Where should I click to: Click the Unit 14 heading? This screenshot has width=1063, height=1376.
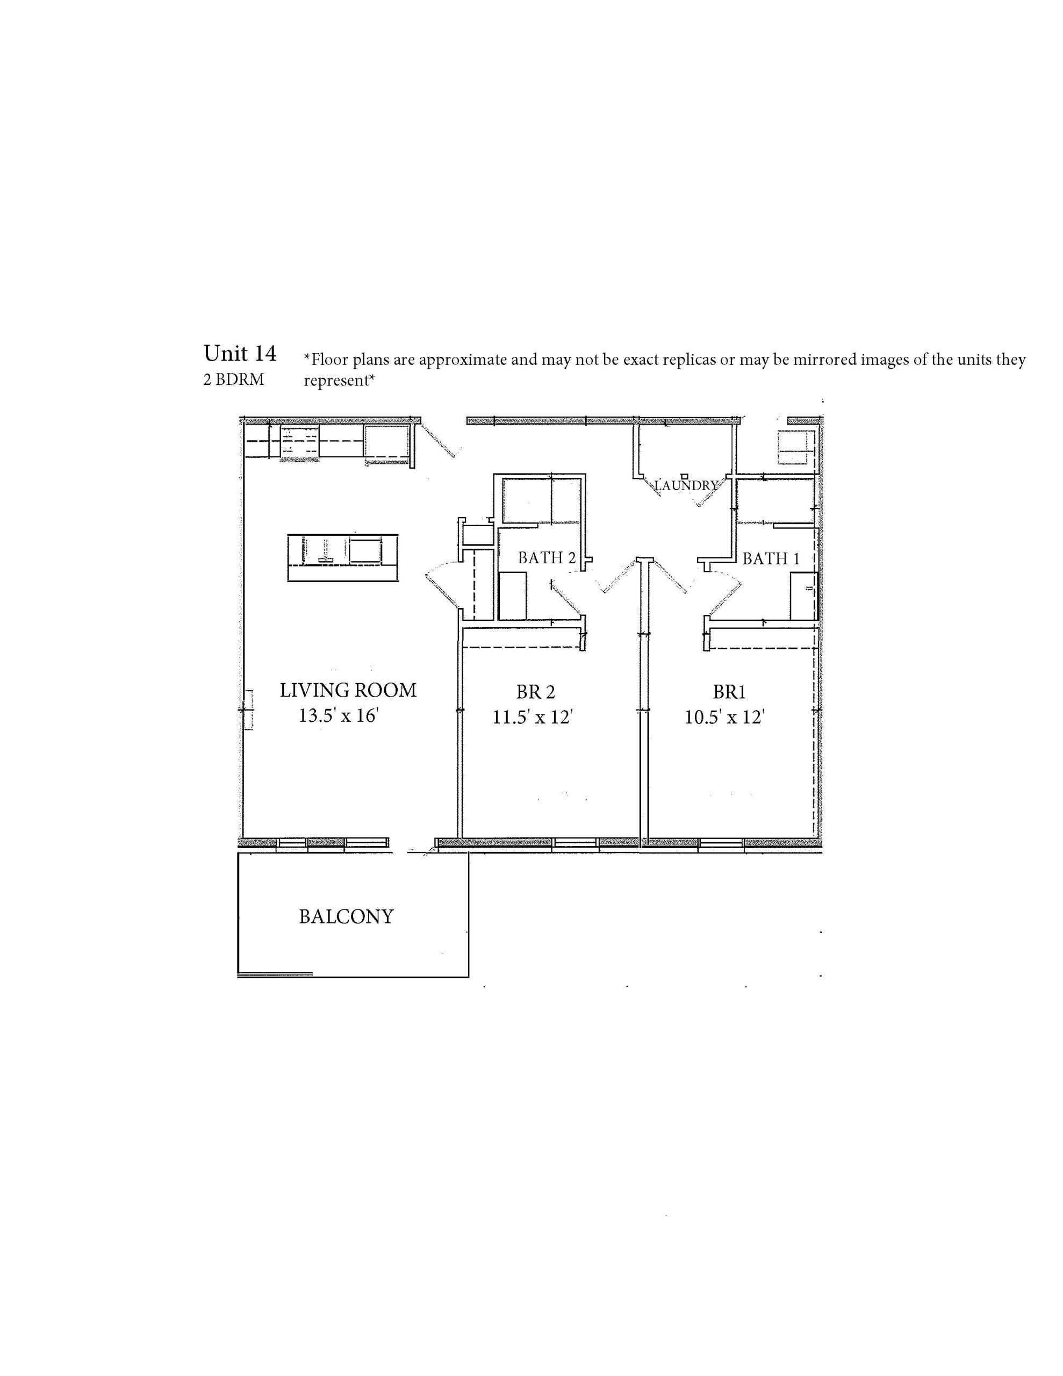click(240, 354)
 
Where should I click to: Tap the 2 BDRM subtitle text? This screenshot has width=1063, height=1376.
click(234, 380)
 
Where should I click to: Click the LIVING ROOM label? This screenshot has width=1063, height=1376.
click(348, 690)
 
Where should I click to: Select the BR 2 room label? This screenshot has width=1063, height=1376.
click(536, 692)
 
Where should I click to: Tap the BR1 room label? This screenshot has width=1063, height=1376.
click(729, 692)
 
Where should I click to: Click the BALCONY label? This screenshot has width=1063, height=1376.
click(346, 916)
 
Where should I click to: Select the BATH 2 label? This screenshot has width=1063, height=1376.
click(547, 557)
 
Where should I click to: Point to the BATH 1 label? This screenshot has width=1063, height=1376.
click(771, 558)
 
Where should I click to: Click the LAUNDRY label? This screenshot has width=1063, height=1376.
click(686, 485)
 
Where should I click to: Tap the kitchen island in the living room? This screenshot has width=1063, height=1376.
click(343, 557)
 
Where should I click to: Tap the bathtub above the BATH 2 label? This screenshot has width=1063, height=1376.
click(541, 501)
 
